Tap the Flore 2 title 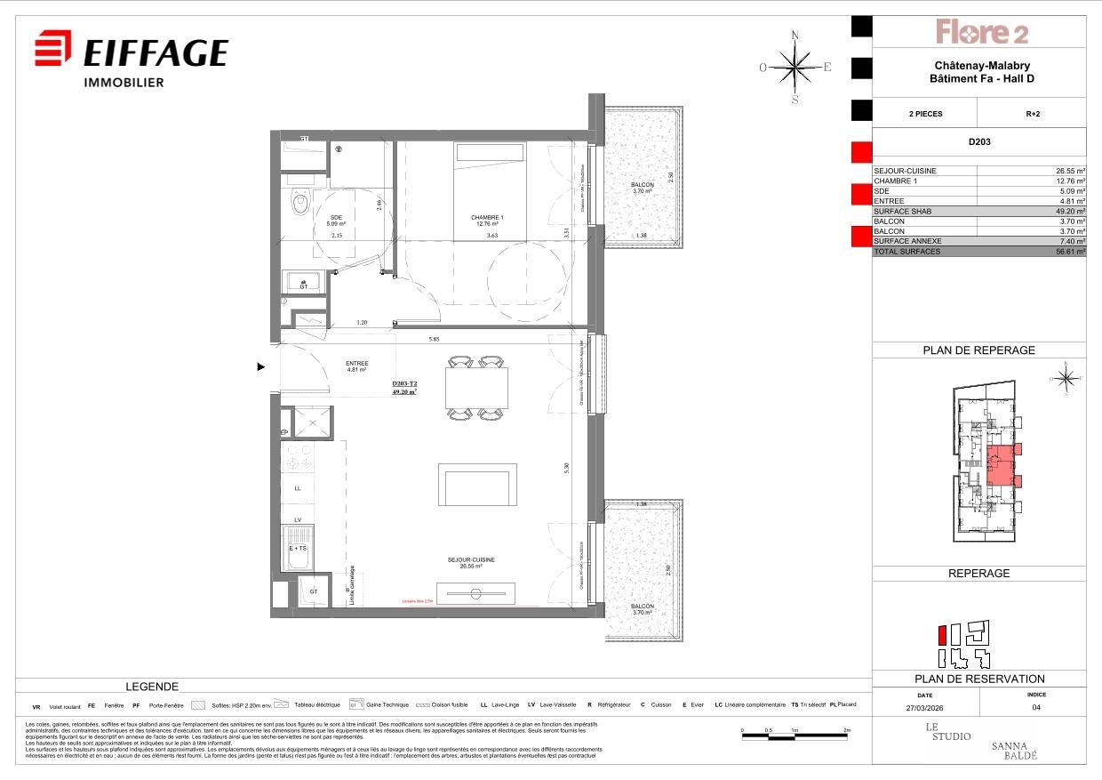point(981,33)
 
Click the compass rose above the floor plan point(795,67)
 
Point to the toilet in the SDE point(300,204)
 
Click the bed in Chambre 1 point(491,190)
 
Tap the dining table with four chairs point(476,388)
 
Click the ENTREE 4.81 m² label point(356,366)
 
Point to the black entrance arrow point(260,366)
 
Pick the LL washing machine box point(298,488)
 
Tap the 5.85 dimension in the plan point(433,338)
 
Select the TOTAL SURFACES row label point(906,252)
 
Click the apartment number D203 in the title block point(979,141)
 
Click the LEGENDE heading point(152,687)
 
